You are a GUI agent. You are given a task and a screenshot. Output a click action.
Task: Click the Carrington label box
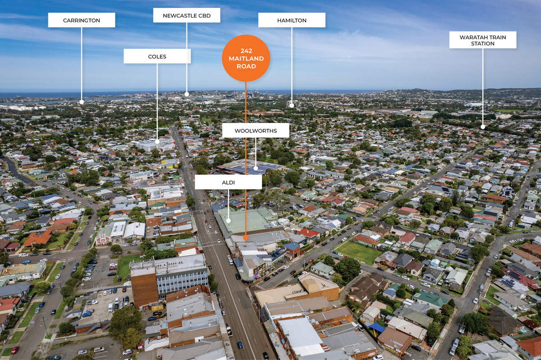coord(82,20)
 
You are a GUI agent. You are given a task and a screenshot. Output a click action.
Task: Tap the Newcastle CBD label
coord(187,15)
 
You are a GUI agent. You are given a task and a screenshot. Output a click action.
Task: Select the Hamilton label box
coord(292,20)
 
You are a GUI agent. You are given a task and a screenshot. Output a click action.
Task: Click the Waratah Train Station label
coord(483,40)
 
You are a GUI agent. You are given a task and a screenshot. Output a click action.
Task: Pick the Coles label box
coord(157,56)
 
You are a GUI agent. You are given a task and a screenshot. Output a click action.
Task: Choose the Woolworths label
coord(256,130)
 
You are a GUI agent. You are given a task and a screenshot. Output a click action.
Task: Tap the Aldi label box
coord(229,182)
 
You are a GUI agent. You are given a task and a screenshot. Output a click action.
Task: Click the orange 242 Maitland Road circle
coord(246,58)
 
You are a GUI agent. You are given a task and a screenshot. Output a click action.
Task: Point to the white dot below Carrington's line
coord(82,102)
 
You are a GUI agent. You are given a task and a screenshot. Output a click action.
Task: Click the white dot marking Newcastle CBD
coord(187,94)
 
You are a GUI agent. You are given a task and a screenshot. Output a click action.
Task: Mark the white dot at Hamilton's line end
coord(292,105)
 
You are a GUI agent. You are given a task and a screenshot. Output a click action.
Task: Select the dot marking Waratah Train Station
coord(483,127)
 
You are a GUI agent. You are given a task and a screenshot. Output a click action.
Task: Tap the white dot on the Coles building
coord(157,142)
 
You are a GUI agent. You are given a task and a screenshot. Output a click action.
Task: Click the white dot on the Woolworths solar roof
coord(256,168)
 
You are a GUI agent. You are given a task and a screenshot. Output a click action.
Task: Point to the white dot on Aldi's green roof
coord(229,221)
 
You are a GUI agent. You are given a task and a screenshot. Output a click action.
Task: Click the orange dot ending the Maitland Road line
coord(246,238)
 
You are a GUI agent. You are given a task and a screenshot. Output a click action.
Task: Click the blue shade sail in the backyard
coord(376,327)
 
